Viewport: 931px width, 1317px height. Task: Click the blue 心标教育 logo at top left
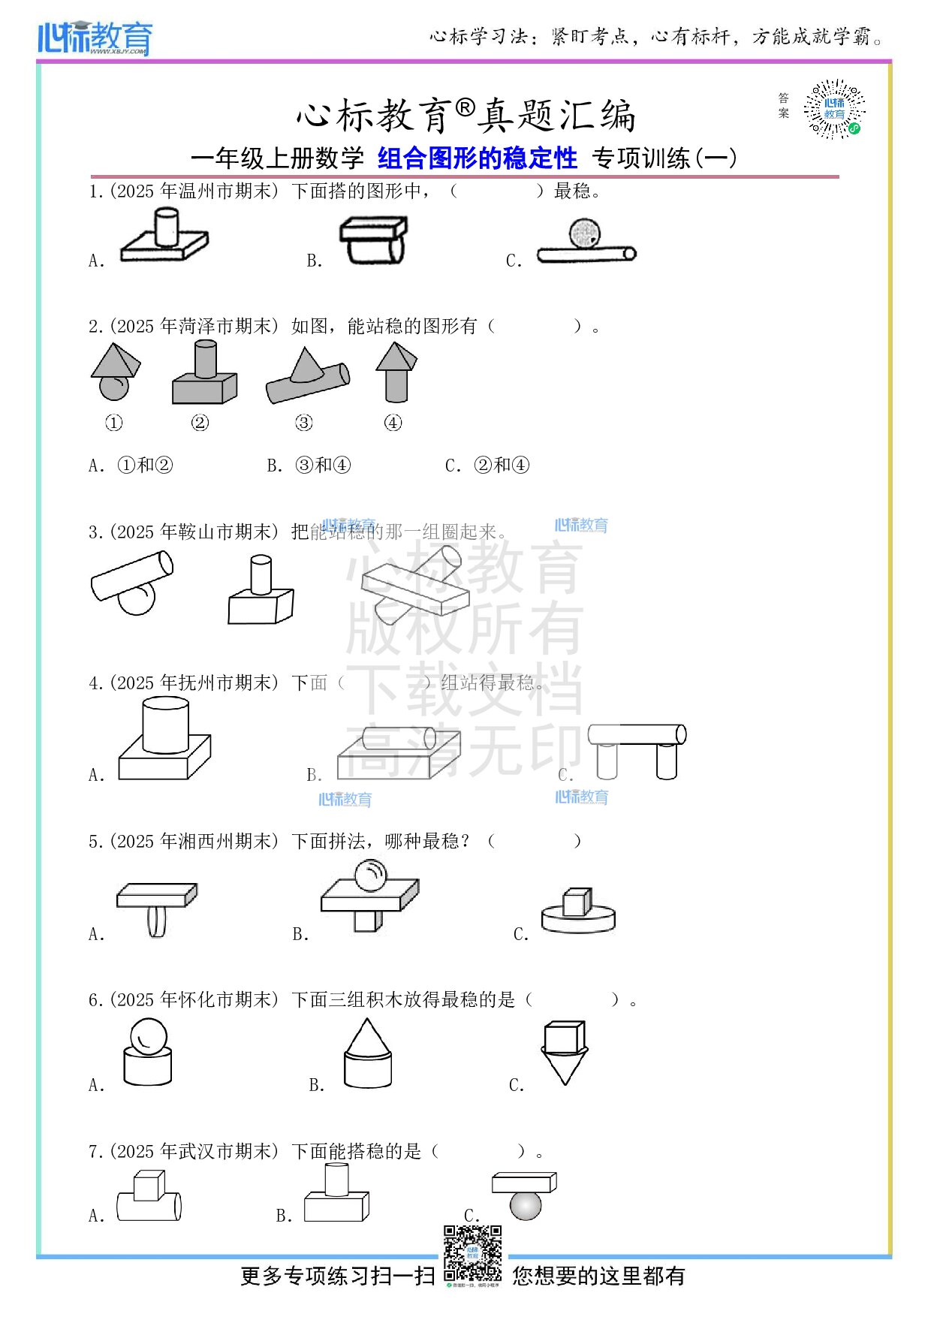point(95,38)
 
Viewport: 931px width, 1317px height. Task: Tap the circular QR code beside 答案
point(834,110)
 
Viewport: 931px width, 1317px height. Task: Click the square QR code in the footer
point(472,1253)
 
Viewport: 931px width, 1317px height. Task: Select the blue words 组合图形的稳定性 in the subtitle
point(478,158)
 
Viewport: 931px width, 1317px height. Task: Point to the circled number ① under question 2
point(113,423)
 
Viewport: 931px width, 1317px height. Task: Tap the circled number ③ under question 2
point(304,423)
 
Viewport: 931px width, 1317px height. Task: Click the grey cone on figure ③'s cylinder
point(306,366)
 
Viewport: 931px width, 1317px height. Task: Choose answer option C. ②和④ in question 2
point(487,466)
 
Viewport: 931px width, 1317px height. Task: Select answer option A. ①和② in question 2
point(131,466)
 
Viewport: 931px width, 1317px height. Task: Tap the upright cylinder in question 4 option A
point(165,725)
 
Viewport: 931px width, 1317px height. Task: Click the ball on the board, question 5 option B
point(370,875)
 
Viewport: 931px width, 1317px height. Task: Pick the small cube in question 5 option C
point(577,902)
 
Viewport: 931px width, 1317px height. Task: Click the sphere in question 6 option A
point(149,1036)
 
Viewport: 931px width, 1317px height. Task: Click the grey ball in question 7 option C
point(525,1205)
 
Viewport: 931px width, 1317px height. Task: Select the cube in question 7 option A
point(149,1185)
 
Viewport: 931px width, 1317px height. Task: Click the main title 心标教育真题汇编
point(465,116)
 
